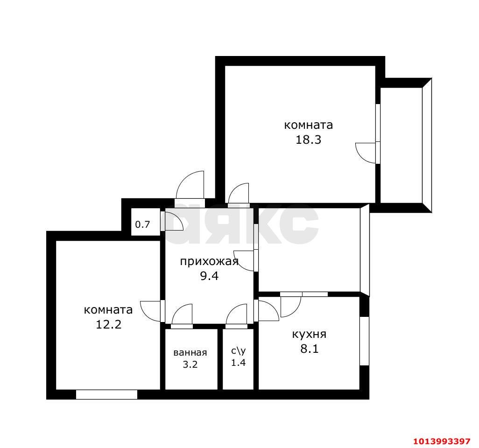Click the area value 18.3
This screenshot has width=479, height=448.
tap(308, 140)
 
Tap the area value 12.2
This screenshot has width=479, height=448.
tap(108, 324)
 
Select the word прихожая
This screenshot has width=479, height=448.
tap(209, 262)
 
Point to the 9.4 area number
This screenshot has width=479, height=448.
tap(209, 276)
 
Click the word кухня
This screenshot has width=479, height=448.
tap(309, 334)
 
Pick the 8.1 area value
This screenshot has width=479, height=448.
tap(309, 349)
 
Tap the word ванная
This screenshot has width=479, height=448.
tap(190, 353)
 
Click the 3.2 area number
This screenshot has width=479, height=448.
tap(190, 364)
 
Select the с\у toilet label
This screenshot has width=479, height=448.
tap(238, 351)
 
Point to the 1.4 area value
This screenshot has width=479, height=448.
tap(238, 363)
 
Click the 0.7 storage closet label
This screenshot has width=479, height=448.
tap(142, 224)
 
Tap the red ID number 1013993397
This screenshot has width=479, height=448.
tap(442, 441)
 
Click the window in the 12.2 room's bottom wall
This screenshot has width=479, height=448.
tap(106, 394)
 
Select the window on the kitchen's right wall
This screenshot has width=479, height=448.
tap(364, 341)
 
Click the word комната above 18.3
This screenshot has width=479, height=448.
tap(308, 125)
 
